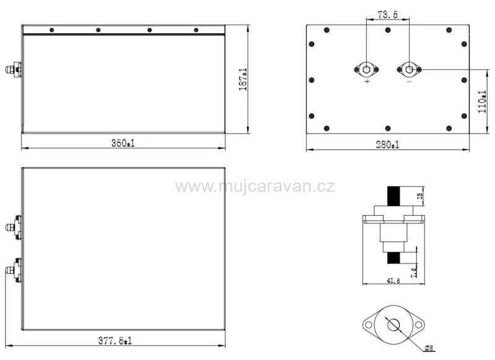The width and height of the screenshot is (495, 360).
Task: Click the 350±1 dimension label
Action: (123, 144)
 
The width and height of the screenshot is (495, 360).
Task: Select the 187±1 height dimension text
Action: (243, 80)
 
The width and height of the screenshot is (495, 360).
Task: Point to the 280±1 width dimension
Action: (387, 145)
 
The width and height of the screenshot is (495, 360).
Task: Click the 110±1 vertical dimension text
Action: (483, 101)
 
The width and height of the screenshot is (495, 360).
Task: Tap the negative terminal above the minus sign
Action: (408, 69)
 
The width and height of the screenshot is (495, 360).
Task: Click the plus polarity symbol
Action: (367, 82)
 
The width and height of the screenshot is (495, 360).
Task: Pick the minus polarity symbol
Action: (409, 82)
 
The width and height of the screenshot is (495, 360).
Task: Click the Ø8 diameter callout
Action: (428, 348)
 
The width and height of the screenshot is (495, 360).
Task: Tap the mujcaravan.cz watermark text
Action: (255, 186)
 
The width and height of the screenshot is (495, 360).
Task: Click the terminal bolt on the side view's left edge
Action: (15, 70)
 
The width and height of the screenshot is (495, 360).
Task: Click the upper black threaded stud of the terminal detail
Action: (394, 197)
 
